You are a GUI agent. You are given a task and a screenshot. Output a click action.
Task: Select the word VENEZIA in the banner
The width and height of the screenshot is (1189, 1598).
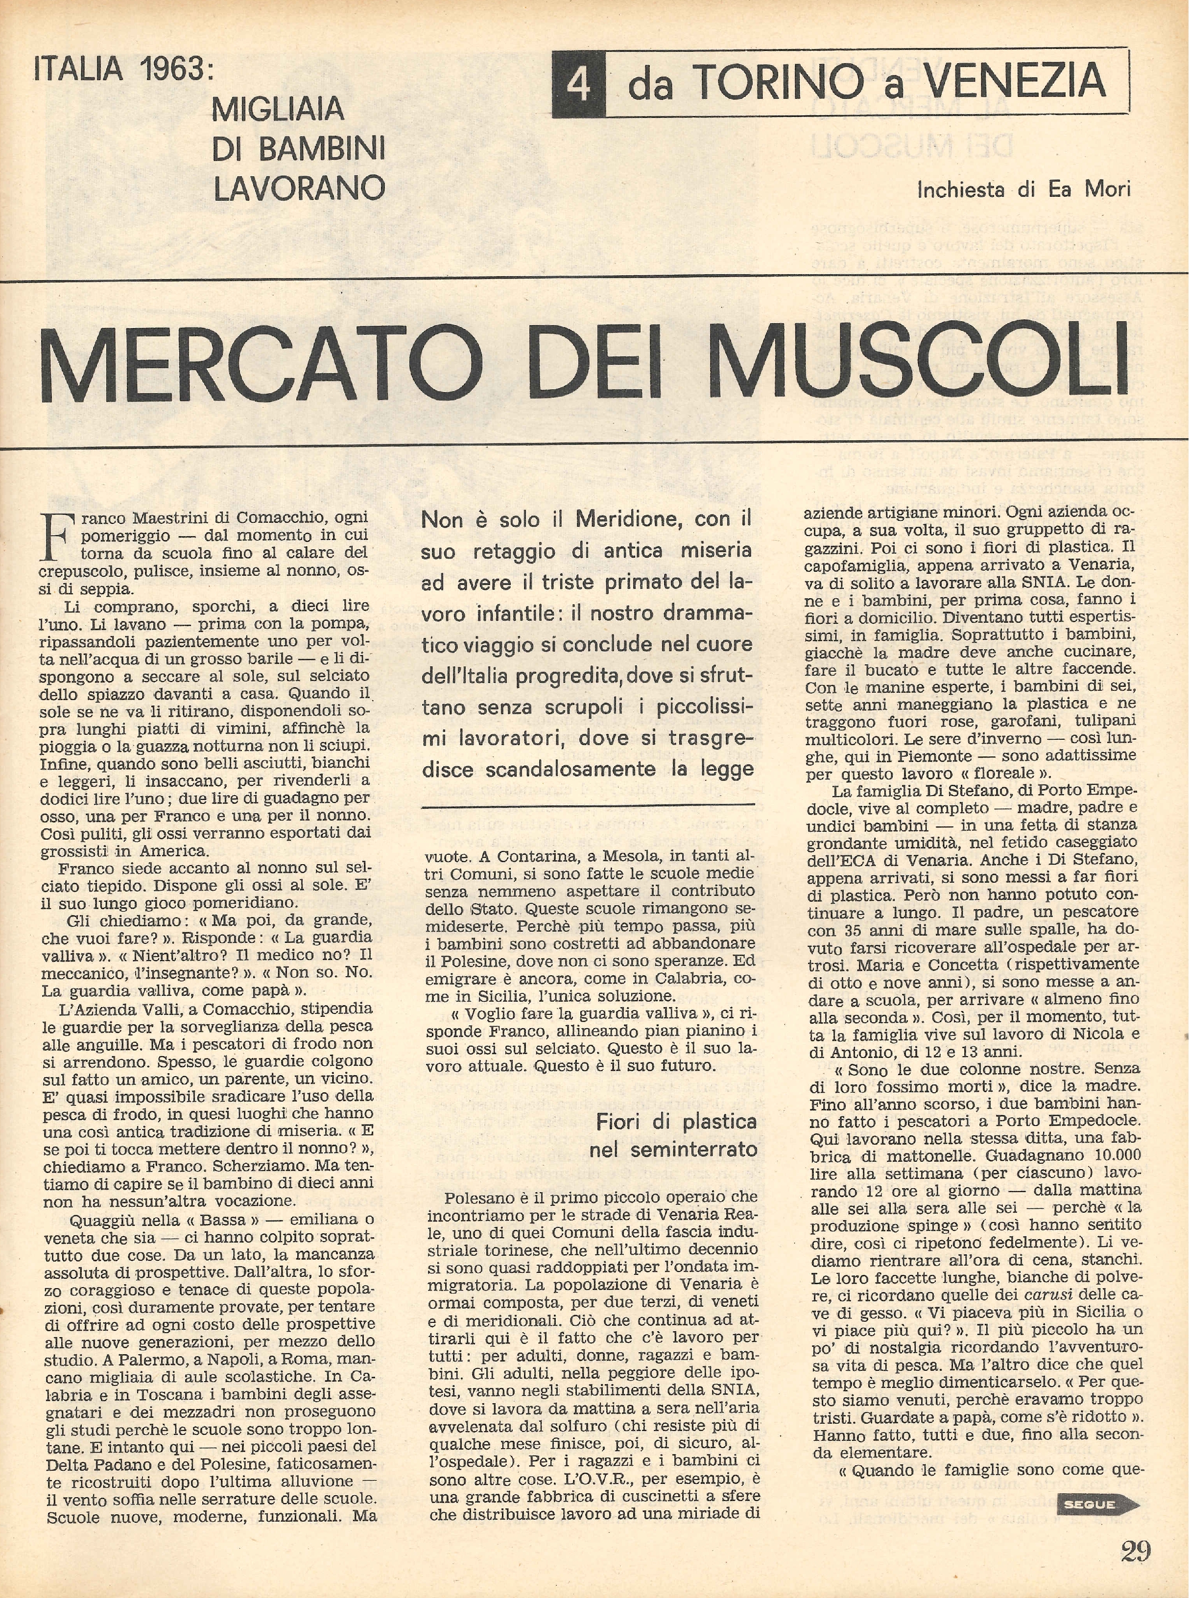[1015, 81]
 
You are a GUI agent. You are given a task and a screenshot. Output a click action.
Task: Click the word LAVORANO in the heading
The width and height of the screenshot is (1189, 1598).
[299, 188]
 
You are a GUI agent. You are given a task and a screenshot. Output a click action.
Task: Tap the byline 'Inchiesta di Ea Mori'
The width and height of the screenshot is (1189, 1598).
[1023, 189]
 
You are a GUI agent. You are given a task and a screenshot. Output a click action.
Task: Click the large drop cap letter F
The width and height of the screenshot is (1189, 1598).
[57, 537]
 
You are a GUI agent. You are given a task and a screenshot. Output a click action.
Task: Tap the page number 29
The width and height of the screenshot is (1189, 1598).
[1135, 1546]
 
